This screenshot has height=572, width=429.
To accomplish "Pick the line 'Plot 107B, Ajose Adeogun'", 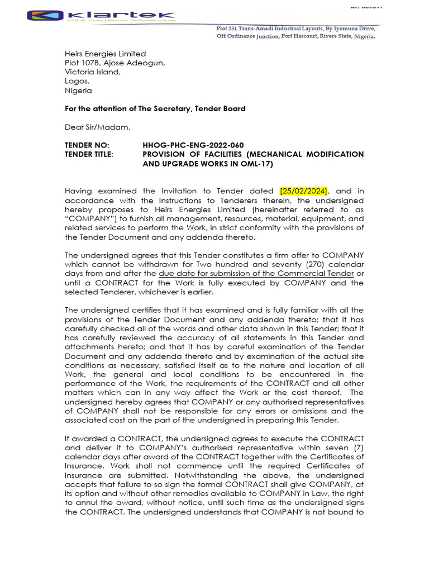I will click(x=115, y=63).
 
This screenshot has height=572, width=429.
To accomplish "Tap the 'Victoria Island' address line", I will click(x=92, y=72).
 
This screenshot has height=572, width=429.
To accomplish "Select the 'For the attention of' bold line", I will click(x=155, y=108).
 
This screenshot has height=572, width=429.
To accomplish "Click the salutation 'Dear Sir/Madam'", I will click(x=97, y=127).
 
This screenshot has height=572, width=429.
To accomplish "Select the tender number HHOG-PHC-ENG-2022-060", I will click(x=193, y=145).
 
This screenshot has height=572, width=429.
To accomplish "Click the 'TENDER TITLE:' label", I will click(x=89, y=154).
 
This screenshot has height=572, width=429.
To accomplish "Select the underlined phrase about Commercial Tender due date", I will click(x=256, y=273).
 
